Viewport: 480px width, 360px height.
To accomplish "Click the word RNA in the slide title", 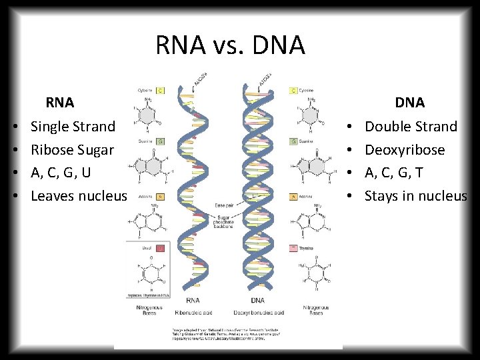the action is tap(176, 45).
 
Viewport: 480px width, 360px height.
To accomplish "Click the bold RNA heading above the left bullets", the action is tap(60, 103).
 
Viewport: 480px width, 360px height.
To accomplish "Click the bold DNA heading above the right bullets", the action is tap(409, 103).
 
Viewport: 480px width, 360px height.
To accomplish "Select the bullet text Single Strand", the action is tap(73, 126).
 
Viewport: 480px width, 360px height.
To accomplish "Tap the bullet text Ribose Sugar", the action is tap(72, 149).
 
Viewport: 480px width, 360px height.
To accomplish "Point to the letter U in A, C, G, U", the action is tap(86, 173).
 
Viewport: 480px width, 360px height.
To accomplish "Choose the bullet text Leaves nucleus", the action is tap(78, 196).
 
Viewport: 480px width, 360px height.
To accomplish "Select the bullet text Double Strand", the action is tap(411, 126).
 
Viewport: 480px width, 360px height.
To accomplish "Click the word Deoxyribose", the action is tap(405, 149).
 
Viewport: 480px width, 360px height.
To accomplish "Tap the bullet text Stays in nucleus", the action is tap(415, 196).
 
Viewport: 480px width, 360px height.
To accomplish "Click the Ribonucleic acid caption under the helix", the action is tap(193, 313).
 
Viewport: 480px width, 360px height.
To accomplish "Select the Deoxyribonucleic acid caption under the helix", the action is tap(259, 313).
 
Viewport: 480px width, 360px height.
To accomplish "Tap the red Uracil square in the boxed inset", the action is tap(160, 247).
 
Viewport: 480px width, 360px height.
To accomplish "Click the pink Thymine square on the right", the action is tap(294, 247).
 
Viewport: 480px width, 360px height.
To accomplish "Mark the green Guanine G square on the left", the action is tap(160, 141).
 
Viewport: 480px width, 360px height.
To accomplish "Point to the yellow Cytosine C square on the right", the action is tap(294, 91).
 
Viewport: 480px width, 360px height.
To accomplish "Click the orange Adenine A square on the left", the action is tap(160, 197).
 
